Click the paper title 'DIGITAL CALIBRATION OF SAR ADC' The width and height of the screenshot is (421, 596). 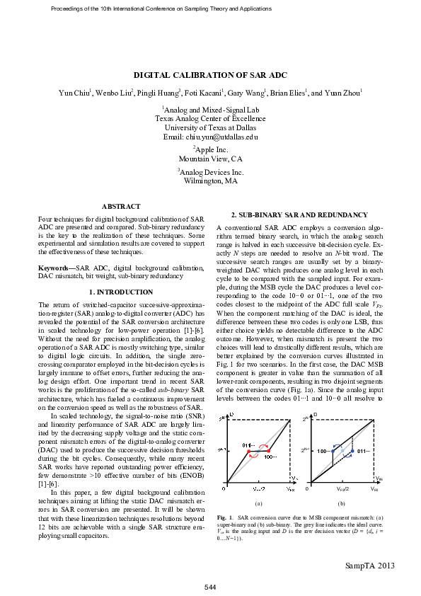(210, 75)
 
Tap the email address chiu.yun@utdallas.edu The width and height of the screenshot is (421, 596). (211, 137)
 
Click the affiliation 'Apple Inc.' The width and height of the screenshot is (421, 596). (210, 149)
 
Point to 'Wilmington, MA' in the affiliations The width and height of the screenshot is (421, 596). (210, 181)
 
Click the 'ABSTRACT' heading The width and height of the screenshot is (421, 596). (121, 206)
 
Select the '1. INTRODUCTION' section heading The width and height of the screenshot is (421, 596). (121, 292)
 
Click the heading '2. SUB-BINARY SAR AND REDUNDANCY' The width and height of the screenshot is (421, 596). (299, 214)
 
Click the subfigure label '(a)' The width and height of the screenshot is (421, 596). (259, 503)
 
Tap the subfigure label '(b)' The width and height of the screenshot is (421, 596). (342, 503)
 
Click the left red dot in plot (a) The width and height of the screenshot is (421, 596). (248, 451)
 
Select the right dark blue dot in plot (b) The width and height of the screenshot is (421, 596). (352, 450)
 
